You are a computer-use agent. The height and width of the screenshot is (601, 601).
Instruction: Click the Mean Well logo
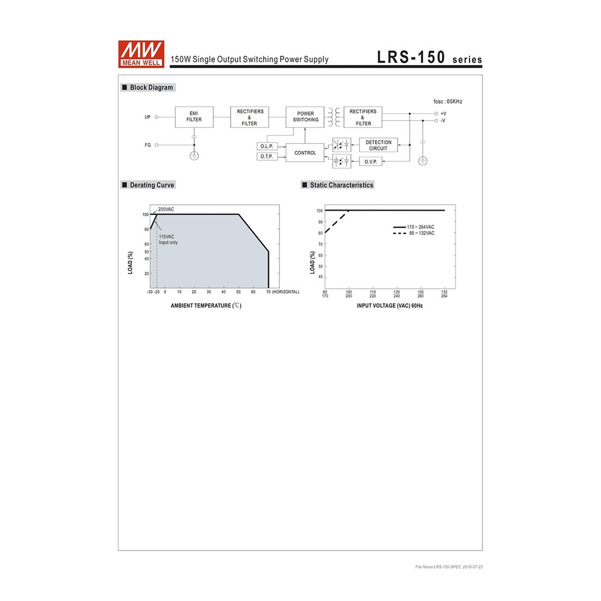[x=141, y=54]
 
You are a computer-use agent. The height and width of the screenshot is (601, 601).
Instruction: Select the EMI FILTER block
[x=194, y=117]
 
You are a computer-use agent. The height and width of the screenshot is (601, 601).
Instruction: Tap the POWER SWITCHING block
[x=305, y=117]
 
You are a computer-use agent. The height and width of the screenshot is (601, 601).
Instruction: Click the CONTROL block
[x=305, y=153]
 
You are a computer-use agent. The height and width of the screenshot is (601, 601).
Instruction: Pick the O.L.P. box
[x=267, y=146]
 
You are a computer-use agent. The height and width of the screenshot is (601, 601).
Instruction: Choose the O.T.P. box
[x=267, y=156]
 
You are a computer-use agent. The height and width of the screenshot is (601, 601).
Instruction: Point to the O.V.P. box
[x=371, y=162]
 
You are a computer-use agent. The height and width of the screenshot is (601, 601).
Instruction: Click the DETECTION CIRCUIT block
[x=379, y=146]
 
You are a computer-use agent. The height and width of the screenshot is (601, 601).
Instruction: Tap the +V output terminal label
[x=444, y=113]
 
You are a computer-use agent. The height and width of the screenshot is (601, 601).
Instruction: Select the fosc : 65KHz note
[x=448, y=102]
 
